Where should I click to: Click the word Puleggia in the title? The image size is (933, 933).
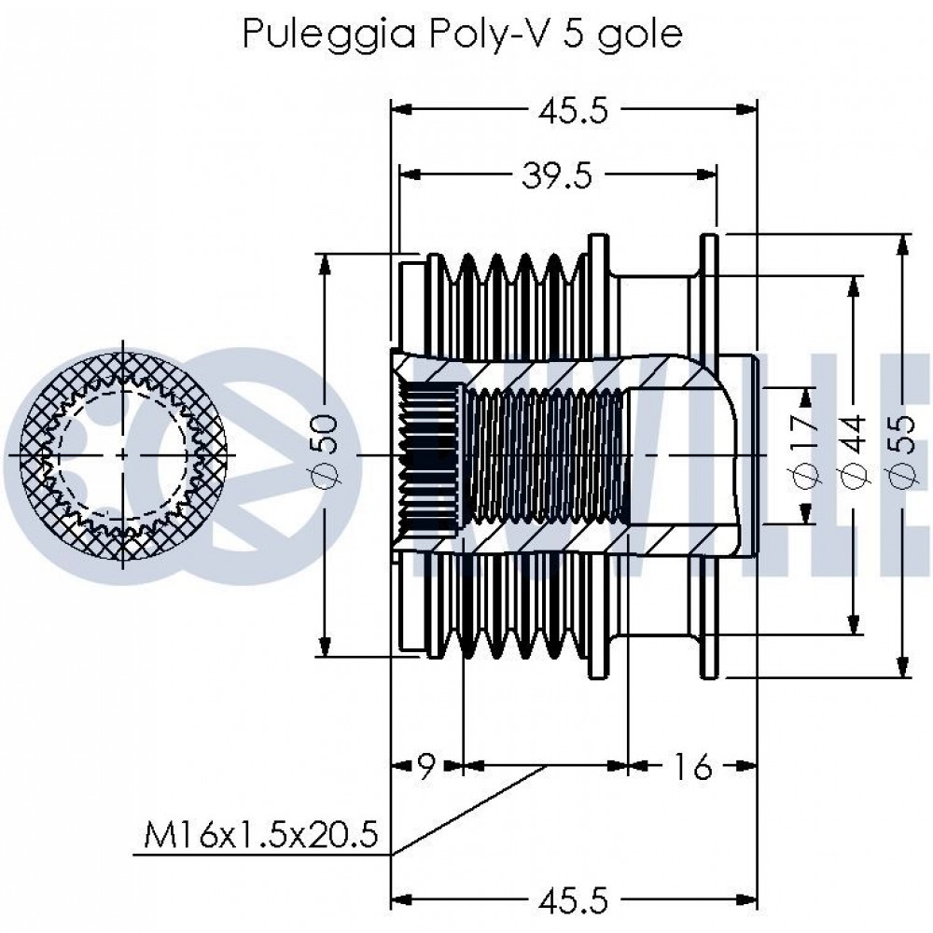coord(329,34)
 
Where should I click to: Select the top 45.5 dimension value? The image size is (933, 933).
coord(574,111)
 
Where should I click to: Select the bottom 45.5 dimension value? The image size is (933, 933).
coord(574,901)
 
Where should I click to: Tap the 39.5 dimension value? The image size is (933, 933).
coord(557,175)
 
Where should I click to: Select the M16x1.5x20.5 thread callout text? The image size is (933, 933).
coord(260,835)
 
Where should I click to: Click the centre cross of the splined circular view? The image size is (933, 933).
coord(123,455)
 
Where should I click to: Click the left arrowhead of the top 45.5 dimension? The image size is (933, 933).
coord(401,109)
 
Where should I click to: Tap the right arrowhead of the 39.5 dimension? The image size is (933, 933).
coord(706,174)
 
